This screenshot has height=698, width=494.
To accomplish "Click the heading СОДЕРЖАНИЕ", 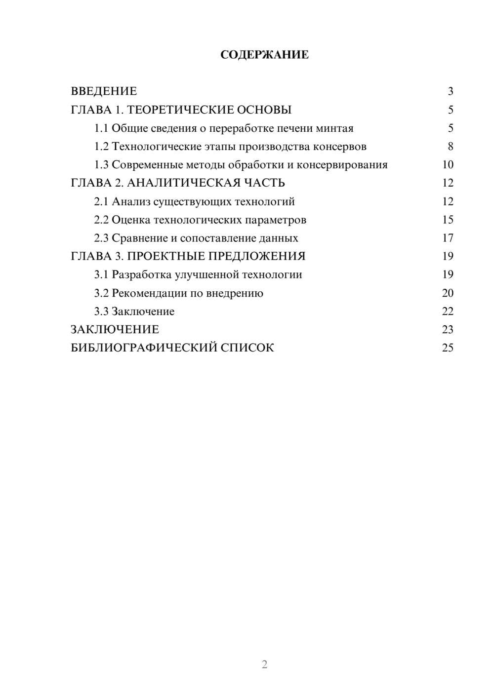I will click(x=264, y=55).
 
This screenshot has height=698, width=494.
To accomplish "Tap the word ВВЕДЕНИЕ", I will click(x=104, y=91).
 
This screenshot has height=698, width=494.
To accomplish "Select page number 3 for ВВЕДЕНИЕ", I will click(x=450, y=91).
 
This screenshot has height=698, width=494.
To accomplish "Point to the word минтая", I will click(x=335, y=128).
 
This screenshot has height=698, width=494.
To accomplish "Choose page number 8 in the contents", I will click(x=450, y=147).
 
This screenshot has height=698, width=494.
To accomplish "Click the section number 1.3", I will click(x=101, y=165).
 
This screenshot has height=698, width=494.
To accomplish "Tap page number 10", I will click(x=448, y=165).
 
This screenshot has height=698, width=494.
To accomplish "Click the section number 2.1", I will click(x=101, y=201).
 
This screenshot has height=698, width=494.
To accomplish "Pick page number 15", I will click(x=448, y=220).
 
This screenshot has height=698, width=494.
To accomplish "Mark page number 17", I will click(x=448, y=238).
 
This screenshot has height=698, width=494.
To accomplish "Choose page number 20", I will click(x=448, y=293).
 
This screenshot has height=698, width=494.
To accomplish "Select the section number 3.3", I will click(x=101, y=311).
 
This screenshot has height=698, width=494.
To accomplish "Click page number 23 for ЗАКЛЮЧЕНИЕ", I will click(x=448, y=330).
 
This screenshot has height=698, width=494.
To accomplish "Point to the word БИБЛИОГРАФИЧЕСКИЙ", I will click(x=144, y=348).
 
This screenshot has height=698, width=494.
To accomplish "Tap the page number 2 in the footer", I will click(x=264, y=664).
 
